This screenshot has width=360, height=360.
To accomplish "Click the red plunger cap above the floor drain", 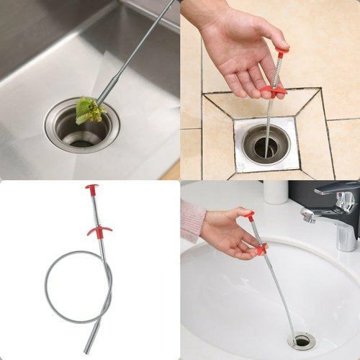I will point(282,52).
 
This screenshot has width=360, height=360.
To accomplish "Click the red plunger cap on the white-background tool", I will point(92,189).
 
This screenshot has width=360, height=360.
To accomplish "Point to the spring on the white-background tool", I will point(96,210).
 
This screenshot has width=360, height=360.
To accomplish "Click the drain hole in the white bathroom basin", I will point(301,340).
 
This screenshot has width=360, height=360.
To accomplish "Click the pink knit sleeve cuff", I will point(192,220).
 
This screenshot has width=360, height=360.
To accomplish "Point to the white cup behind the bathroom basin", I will point(275,192).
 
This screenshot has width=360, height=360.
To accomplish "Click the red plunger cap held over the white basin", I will point(248,215).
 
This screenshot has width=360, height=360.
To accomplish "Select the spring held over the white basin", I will point(255,233).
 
